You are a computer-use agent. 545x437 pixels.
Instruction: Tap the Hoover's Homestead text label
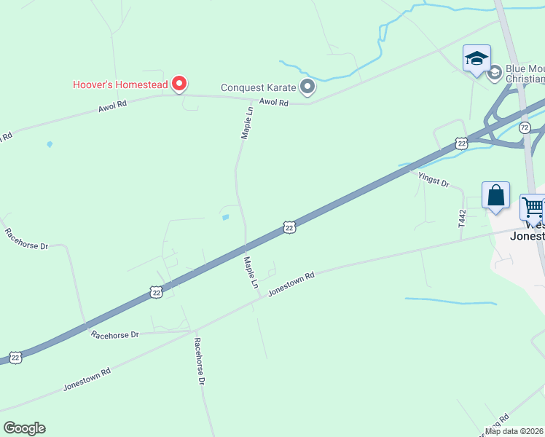point(120,84)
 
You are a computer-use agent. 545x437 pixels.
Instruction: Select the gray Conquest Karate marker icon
point(307,88)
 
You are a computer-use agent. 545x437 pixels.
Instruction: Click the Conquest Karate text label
point(259,88)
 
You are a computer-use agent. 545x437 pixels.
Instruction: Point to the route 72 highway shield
point(525,127)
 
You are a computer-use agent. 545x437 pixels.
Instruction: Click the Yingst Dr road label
point(434,178)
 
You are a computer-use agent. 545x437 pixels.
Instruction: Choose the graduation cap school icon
point(477,58)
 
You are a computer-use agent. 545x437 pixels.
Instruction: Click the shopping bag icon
point(495,196)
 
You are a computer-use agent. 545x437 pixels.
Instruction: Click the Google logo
point(24,428)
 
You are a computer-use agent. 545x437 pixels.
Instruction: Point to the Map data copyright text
point(514,431)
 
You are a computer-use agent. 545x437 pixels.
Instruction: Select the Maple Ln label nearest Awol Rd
point(247,122)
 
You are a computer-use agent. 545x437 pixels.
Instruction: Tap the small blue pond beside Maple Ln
point(225,217)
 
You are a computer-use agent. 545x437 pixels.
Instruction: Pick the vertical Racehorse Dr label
point(200,361)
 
